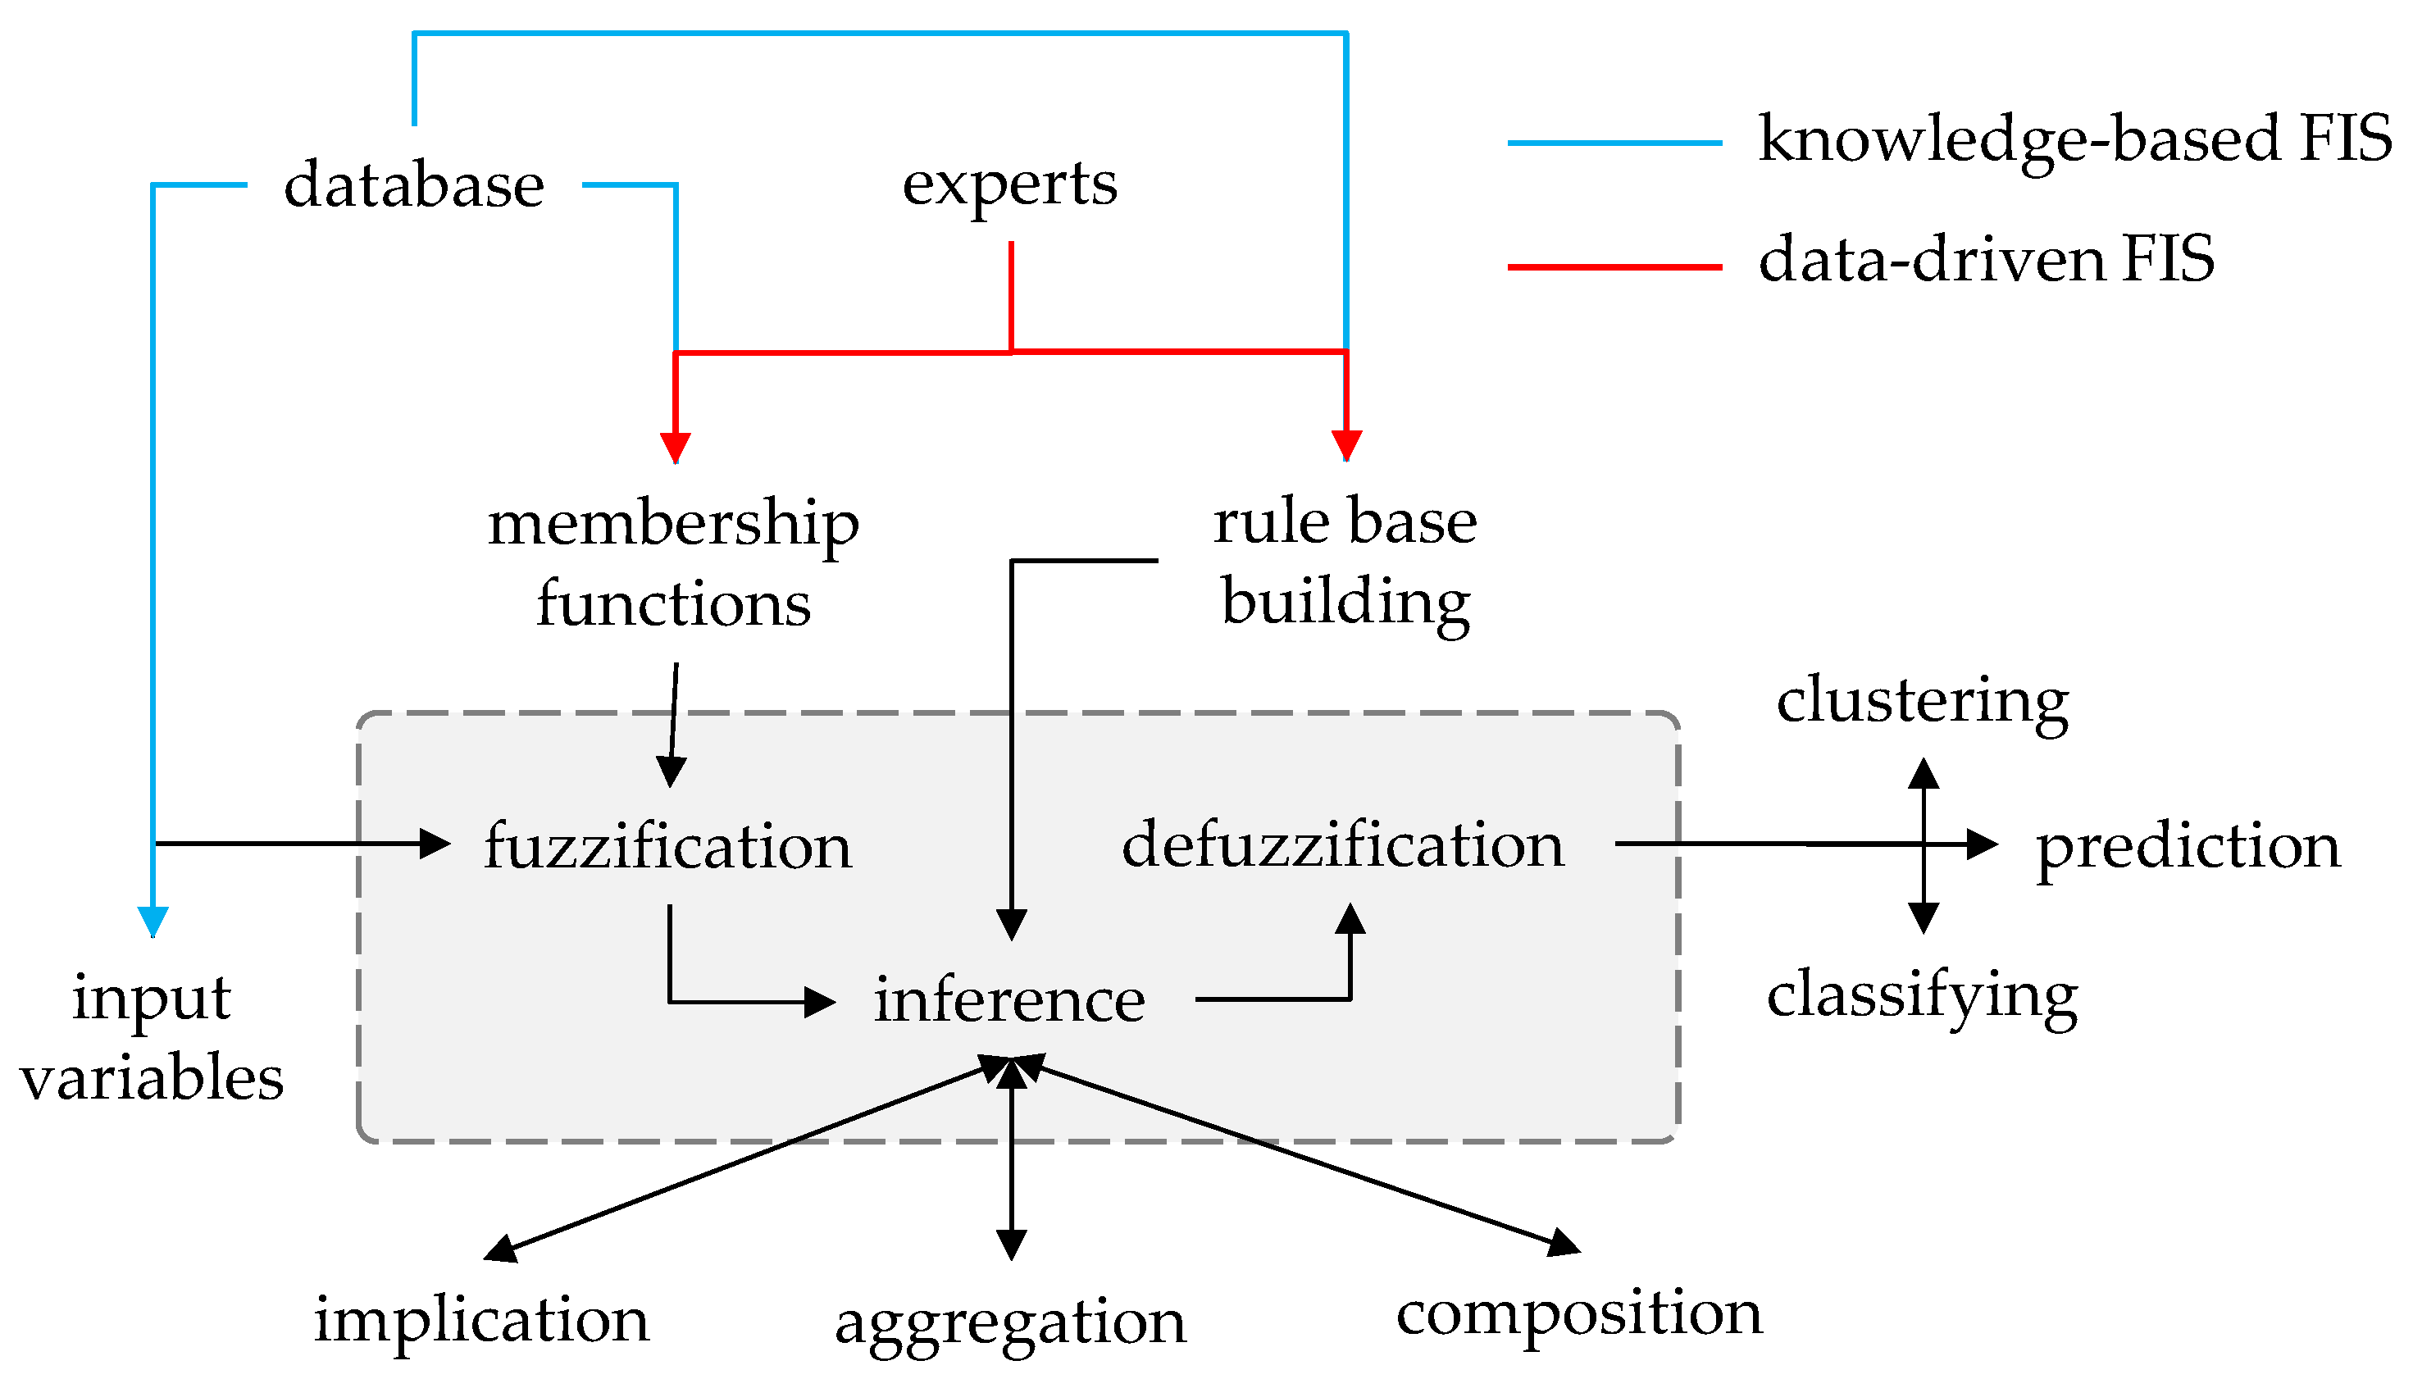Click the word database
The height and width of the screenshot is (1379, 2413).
414,184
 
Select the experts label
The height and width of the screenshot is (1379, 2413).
1009,184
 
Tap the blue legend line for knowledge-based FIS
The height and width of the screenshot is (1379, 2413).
1614,143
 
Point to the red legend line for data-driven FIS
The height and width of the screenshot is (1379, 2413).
1614,267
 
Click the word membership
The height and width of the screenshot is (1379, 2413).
672,524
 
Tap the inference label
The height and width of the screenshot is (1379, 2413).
1008,1000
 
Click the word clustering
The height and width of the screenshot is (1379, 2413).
1923,702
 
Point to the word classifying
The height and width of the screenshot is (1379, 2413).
1923,996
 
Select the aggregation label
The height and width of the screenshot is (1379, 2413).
1009,1323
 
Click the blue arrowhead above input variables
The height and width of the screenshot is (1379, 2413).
153,920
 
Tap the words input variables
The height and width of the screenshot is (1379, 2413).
152,1038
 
